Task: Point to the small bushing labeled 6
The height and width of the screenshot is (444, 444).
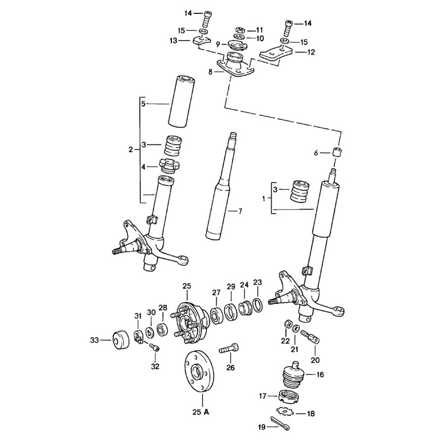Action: click(339, 152)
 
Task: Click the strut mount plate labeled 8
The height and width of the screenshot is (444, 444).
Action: click(235, 67)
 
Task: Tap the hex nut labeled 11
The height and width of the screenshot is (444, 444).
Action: click(238, 30)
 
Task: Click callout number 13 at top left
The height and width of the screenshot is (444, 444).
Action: click(173, 40)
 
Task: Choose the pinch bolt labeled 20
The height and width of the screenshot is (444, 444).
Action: click(311, 337)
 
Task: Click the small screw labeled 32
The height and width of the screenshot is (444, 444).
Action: click(155, 348)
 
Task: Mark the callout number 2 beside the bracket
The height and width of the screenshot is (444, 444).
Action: click(131, 150)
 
